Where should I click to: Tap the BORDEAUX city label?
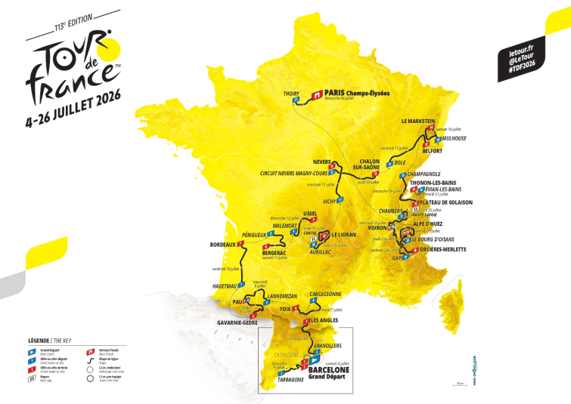pyautogui.click(x=223, y=245)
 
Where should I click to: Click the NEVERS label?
pyautogui.click(x=323, y=162)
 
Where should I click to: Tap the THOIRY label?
pyautogui.click(x=291, y=94)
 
